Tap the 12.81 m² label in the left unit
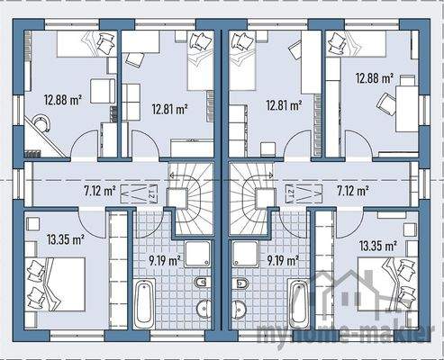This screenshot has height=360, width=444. click(169, 108)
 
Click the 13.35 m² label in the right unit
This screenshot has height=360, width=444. click(379, 246)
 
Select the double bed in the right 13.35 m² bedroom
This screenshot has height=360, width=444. click(387, 283)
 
